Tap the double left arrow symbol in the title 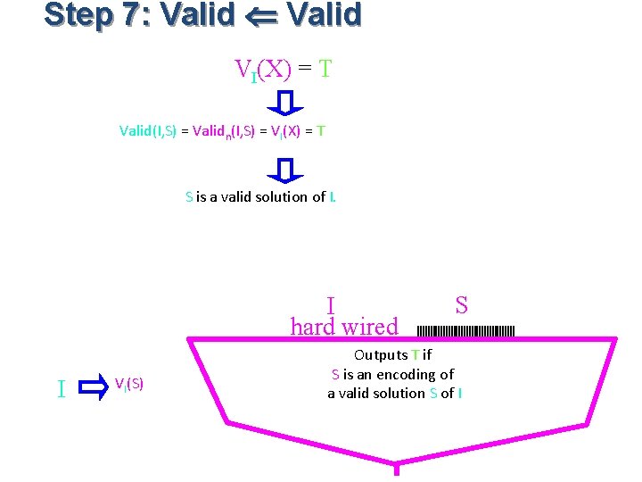click(x=261, y=16)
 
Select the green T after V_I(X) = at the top click(x=325, y=69)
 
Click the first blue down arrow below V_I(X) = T click(x=285, y=103)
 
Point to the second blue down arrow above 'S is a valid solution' click(x=285, y=170)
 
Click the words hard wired click(x=344, y=327)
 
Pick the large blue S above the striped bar click(x=461, y=305)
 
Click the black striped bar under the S click(x=465, y=331)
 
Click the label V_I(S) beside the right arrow click(x=129, y=384)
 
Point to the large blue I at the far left click(x=61, y=388)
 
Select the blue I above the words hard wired click(x=330, y=307)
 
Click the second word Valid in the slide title click(x=325, y=15)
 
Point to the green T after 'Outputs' click(x=415, y=355)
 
